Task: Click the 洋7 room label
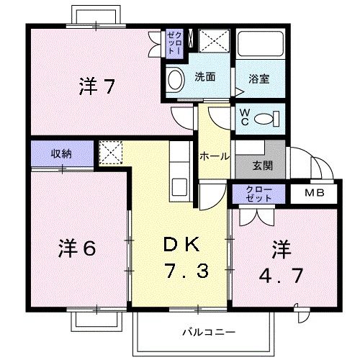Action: click(x=96, y=87)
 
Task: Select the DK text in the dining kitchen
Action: click(x=181, y=245)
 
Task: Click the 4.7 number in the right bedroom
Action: click(x=282, y=276)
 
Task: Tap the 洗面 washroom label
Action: click(x=202, y=77)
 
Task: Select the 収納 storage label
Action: click(x=61, y=153)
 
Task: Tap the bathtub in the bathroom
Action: click(x=261, y=47)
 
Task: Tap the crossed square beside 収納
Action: click(x=109, y=153)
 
